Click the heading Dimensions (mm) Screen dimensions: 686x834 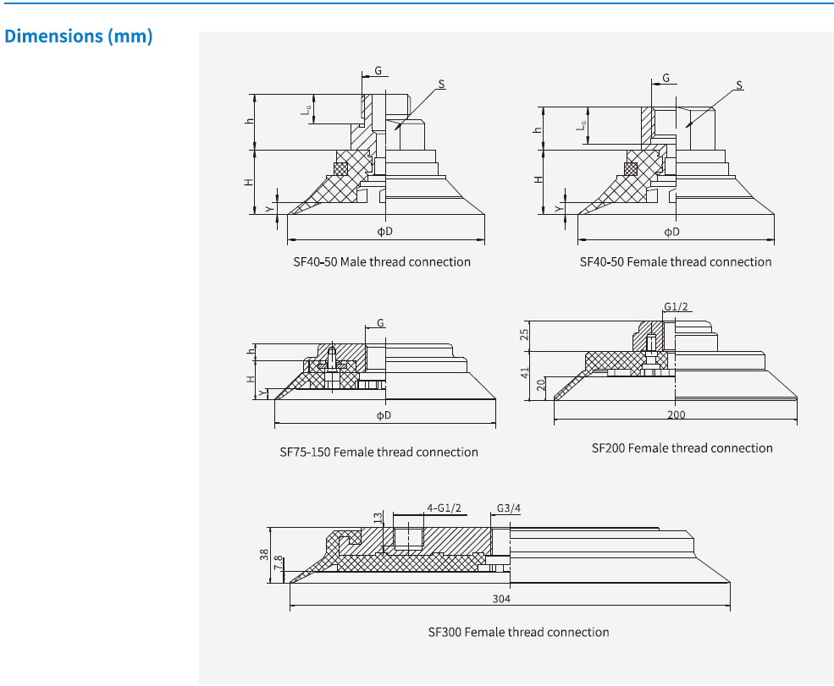tap(79, 37)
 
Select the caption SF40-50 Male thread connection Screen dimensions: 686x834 tap(382, 262)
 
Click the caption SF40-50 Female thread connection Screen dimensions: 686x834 tap(675, 262)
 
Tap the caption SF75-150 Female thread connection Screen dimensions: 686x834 tap(378, 453)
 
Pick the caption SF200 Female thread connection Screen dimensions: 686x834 tap(682, 448)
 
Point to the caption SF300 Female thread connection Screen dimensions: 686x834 tap(518, 633)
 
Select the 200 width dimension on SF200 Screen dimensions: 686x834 tap(676, 414)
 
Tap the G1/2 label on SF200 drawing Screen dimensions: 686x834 tap(675, 307)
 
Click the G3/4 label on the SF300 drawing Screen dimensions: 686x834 tap(507, 509)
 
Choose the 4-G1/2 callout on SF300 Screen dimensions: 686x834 tap(444, 509)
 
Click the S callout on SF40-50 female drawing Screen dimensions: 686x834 tap(739, 85)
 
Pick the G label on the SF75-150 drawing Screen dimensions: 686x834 tap(381, 324)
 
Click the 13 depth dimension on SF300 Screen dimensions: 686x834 tap(378, 517)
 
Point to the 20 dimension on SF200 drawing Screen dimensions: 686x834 tap(541, 387)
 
